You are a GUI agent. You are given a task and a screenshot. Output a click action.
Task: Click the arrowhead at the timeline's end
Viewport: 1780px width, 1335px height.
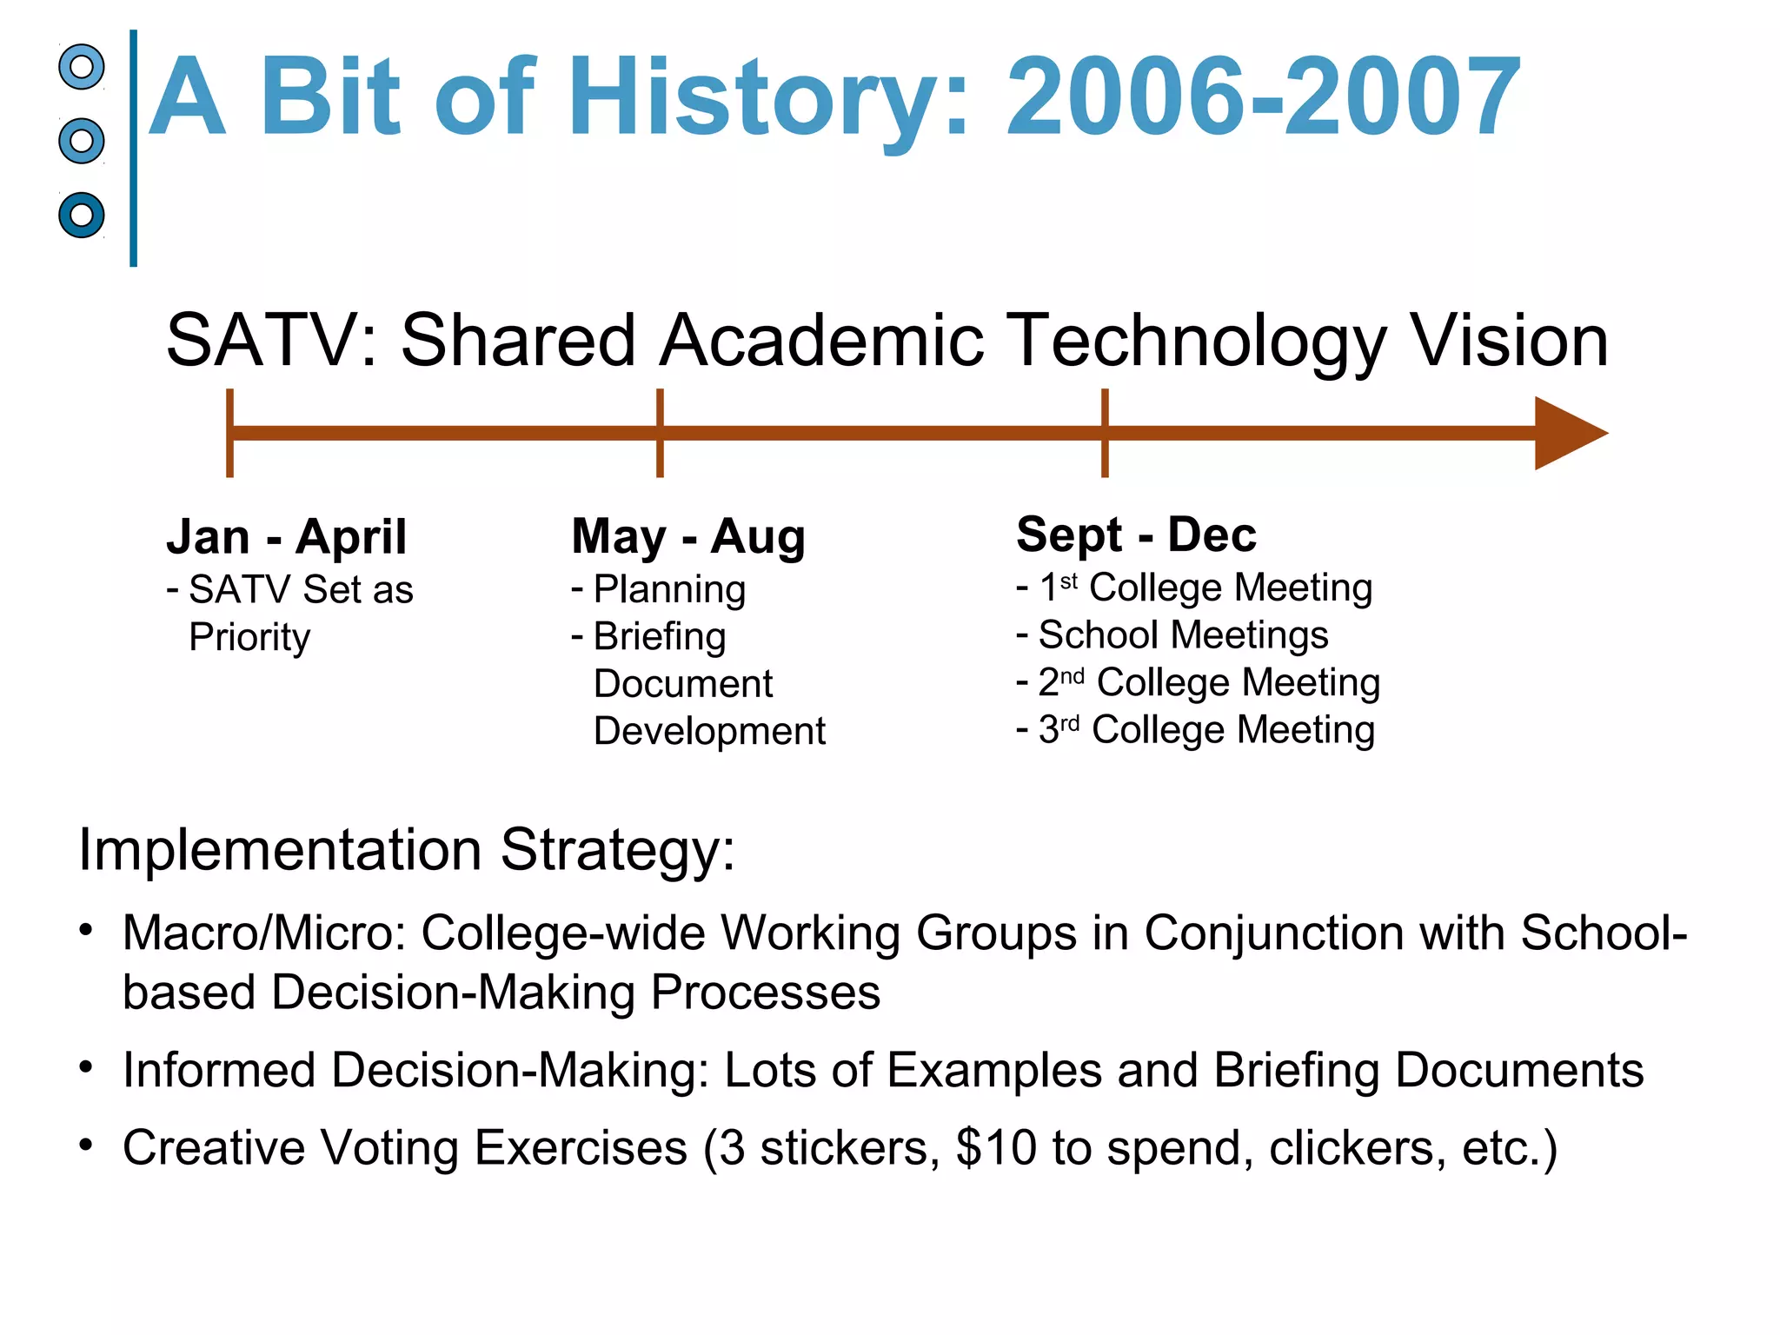[1568, 433]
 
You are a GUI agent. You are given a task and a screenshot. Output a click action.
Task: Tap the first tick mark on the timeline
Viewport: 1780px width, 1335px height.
[229, 433]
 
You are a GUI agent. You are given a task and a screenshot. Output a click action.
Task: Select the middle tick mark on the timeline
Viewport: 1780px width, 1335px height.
[661, 433]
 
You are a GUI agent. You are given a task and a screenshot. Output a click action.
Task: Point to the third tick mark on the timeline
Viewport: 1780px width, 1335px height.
[1105, 433]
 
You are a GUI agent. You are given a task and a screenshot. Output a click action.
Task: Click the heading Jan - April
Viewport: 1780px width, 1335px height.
[286, 536]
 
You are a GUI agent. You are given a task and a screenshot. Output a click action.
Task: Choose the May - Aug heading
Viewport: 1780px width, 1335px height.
[688, 536]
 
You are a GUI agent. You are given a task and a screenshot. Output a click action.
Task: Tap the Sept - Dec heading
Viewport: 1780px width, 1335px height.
[1136, 535]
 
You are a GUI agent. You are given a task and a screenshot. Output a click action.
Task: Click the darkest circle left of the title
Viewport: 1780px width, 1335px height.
[82, 215]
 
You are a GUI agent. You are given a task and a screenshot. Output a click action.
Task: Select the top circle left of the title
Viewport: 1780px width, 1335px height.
[82, 67]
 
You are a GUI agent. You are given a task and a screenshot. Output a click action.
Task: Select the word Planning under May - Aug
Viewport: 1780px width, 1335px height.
[669, 589]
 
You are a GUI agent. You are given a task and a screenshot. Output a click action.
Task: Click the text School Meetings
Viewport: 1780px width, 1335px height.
[1183, 635]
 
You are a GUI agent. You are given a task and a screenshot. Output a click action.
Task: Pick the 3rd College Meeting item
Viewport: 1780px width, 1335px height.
[1206, 730]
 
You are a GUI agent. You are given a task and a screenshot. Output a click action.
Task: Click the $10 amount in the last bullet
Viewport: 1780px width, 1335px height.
[996, 1147]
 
